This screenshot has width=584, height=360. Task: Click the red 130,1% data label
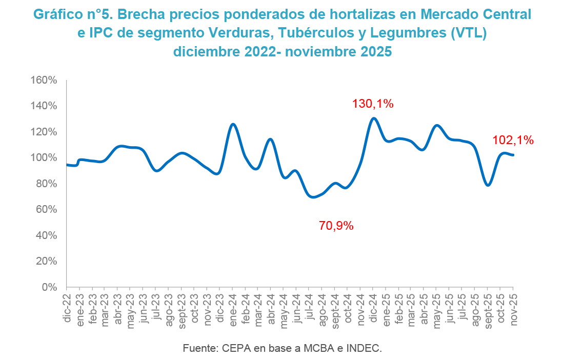coord(373,104)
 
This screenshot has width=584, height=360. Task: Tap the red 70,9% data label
coord(336,225)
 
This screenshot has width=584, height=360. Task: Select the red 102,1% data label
coord(513,139)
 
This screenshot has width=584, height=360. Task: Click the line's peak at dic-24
coord(373,118)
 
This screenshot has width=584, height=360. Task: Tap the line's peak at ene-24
coord(233,124)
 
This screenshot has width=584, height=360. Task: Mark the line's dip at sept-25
coord(488,185)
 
